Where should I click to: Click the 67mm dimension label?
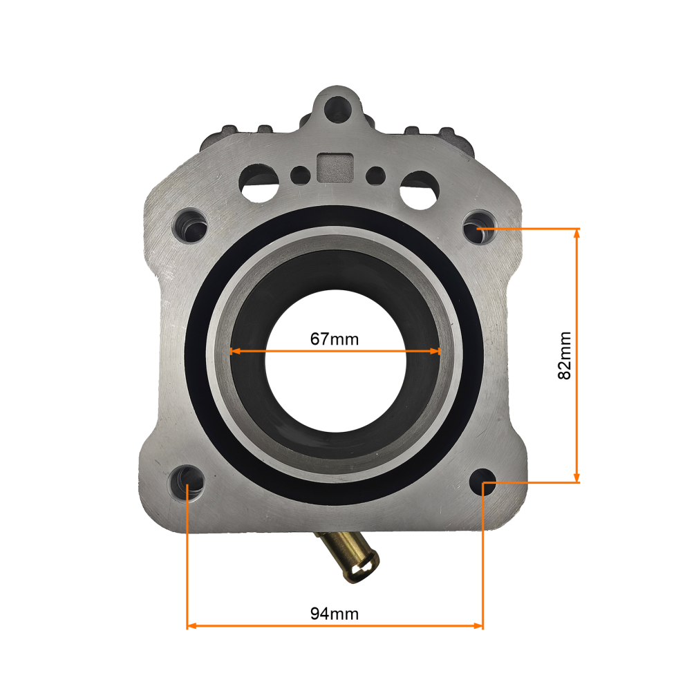click(335, 339)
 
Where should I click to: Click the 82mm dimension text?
click(565, 355)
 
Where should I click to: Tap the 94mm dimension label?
click(335, 613)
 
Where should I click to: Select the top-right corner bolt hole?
click(478, 229)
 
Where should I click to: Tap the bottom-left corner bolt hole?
click(187, 481)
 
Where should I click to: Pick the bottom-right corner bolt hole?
click(482, 481)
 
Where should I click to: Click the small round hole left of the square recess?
click(299, 173)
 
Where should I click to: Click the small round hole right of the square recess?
click(375, 173)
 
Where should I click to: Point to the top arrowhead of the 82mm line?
click(577, 233)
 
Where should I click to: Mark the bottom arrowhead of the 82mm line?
click(577, 477)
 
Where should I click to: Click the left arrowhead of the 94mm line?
click(192, 626)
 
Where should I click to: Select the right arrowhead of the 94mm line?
click(478, 626)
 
